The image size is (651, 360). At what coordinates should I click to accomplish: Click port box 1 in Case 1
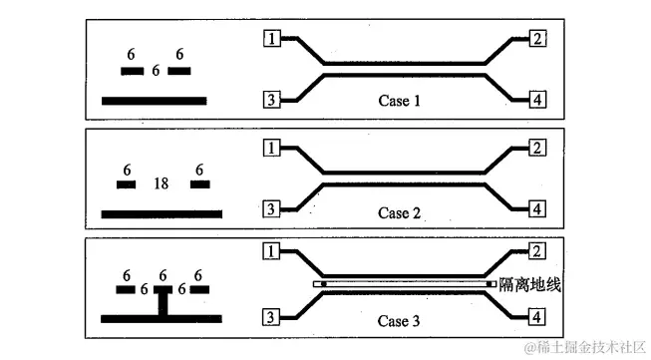[x=271, y=39]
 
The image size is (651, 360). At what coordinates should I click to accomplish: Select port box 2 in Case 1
[x=537, y=39]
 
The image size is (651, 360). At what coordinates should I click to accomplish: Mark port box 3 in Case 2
[x=271, y=209]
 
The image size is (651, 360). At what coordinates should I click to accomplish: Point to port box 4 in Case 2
[x=537, y=209]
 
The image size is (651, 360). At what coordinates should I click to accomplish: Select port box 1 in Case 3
[x=271, y=252]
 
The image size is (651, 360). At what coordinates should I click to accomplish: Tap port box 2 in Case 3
[x=537, y=252]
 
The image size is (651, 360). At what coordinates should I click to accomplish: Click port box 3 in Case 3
[x=271, y=317]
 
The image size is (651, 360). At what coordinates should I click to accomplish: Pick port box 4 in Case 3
[x=537, y=317]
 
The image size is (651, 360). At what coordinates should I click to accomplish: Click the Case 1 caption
[x=401, y=101]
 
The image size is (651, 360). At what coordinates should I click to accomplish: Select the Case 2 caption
[x=401, y=212]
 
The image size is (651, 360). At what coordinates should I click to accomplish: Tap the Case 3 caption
[x=401, y=321]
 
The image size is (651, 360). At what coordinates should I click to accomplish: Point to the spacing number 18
[x=161, y=184]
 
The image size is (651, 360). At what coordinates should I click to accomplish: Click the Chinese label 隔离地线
[x=531, y=285]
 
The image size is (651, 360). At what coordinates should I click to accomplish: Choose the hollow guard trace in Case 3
[x=405, y=284]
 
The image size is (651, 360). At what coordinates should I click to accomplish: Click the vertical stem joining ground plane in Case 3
[x=162, y=302]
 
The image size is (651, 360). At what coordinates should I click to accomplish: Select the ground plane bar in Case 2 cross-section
[x=162, y=213]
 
